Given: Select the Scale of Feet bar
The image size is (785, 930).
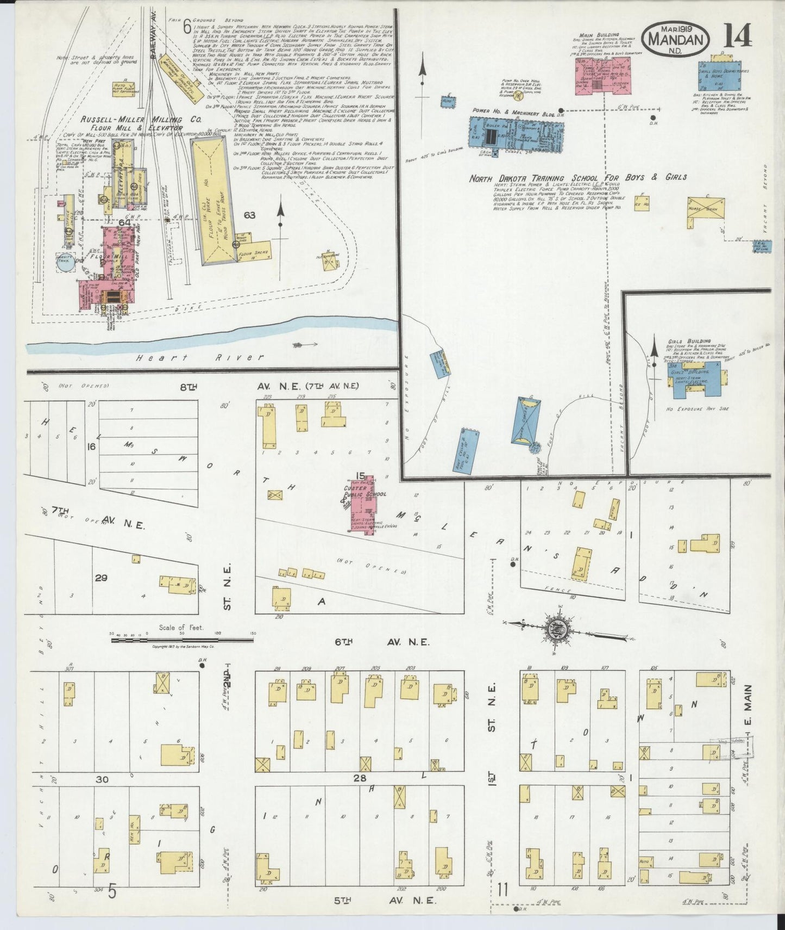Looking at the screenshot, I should (x=182, y=640).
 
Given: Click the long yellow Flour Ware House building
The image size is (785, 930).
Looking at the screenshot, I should (x=213, y=200).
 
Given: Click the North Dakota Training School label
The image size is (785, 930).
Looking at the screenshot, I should (x=578, y=178).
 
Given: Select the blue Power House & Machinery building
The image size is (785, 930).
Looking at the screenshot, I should (x=516, y=134).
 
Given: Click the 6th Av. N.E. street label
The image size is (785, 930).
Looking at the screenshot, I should (x=381, y=642).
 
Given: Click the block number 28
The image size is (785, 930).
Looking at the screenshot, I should (x=359, y=778).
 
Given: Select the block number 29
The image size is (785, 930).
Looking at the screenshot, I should (x=101, y=578).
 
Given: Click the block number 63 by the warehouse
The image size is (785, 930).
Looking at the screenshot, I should (x=249, y=215).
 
